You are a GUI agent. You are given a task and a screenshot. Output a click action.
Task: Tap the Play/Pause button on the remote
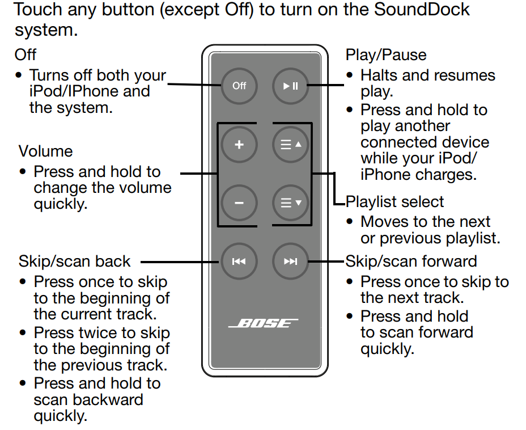click(x=290, y=86)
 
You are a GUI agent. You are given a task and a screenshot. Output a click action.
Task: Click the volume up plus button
click(x=239, y=145)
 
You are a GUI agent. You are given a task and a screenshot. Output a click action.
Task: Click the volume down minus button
click(x=239, y=203)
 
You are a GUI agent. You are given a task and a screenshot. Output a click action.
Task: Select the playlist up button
click(x=290, y=145)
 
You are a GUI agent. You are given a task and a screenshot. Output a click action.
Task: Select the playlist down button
click(x=290, y=203)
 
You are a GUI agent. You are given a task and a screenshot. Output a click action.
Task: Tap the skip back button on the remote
click(x=239, y=262)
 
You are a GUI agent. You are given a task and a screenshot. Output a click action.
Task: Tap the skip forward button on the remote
click(x=290, y=262)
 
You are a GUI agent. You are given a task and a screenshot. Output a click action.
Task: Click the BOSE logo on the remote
click(x=264, y=323)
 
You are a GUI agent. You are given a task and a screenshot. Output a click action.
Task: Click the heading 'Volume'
click(x=45, y=151)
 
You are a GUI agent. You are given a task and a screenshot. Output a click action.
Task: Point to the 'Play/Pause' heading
click(x=385, y=55)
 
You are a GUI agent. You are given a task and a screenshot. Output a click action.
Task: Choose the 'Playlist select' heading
click(x=394, y=202)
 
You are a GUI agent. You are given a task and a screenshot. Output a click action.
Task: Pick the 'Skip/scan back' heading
click(x=74, y=262)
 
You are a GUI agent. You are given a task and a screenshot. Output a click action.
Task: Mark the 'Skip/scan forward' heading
click(x=411, y=262)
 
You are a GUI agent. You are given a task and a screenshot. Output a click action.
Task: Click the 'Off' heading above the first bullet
click(x=26, y=55)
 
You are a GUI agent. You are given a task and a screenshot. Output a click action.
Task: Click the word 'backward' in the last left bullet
click(x=107, y=399)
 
